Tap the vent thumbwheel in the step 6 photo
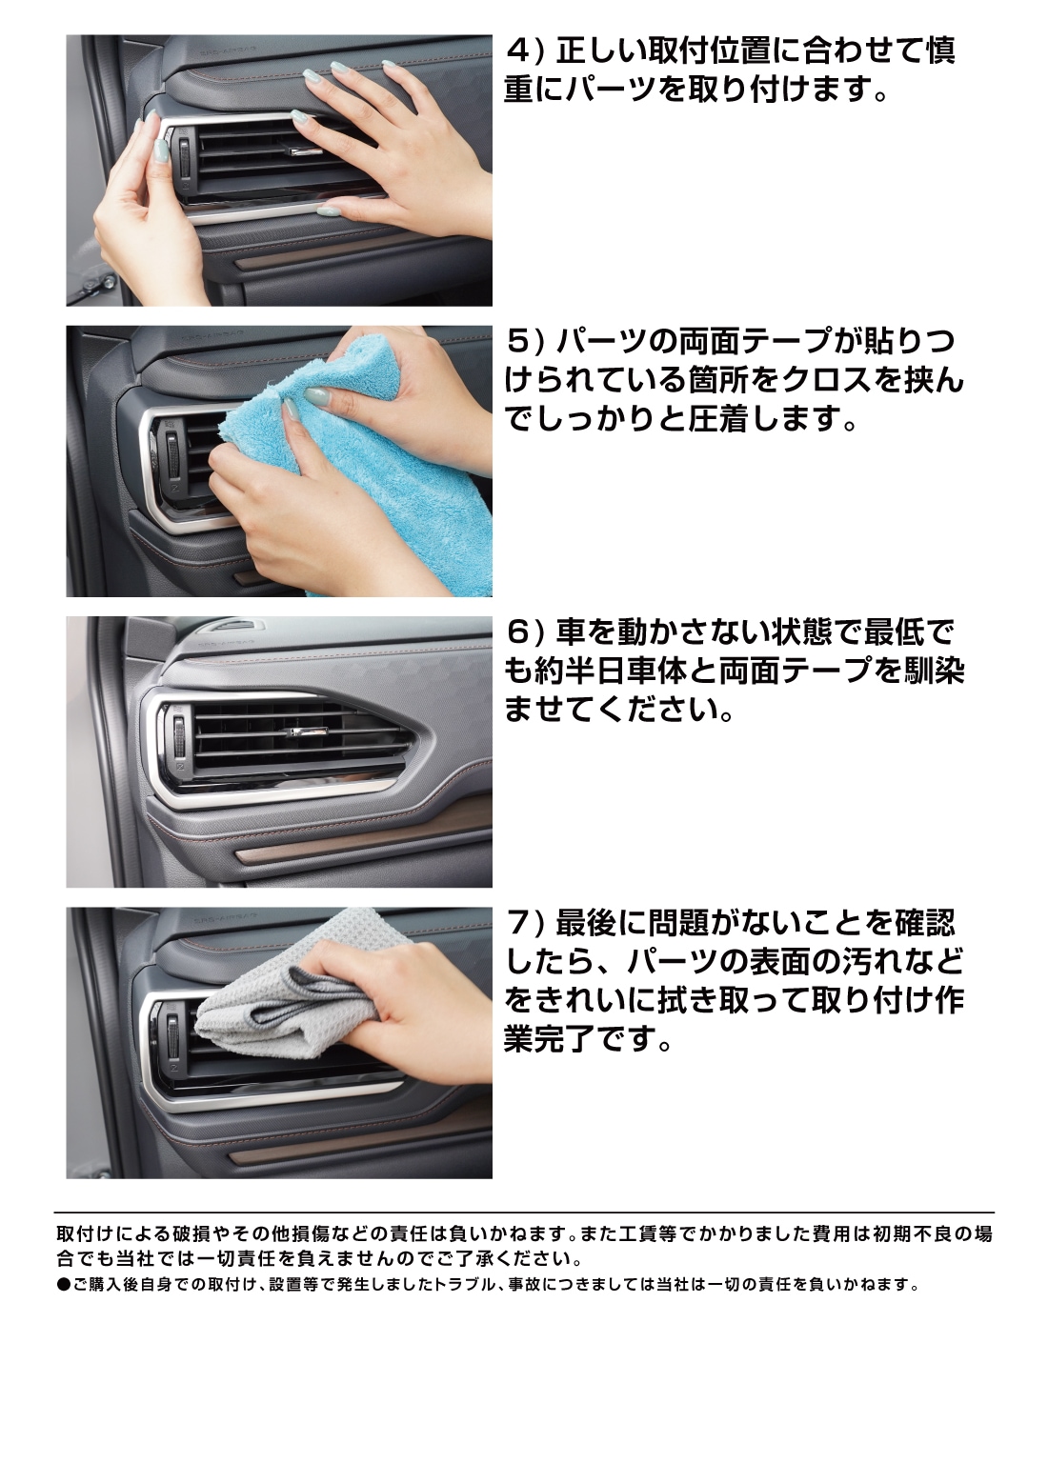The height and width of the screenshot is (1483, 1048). point(179,735)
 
